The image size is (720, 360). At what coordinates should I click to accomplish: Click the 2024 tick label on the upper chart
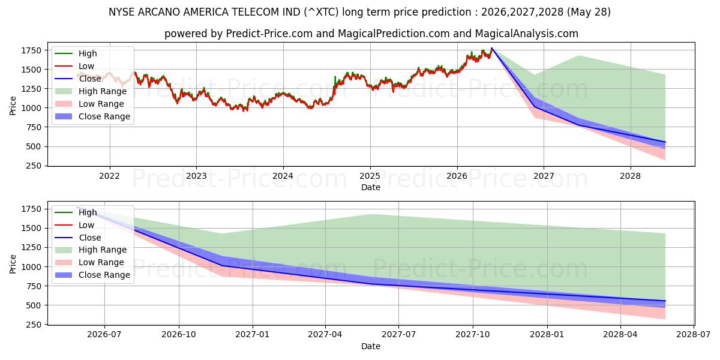click(283, 176)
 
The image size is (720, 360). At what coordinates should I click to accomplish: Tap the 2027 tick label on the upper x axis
click(544, 176)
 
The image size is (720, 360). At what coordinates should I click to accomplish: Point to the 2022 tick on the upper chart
click(110, 176)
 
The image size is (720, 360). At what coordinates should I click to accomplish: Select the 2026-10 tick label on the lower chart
click(179, 335)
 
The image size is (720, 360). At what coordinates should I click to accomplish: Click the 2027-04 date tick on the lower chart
click(325, 335)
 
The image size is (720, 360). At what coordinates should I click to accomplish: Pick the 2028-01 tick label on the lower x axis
click(547, 335)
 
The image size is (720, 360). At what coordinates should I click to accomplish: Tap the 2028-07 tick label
click(694, 335)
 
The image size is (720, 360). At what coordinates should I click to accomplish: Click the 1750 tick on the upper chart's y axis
click(31, 50)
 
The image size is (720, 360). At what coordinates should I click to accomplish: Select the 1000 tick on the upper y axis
click(31, 109)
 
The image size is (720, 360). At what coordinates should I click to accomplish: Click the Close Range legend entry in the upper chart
click(92, 116)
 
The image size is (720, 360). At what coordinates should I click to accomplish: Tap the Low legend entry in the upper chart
click(74, 66)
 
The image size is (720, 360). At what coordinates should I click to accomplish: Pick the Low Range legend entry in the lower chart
click(89, 262)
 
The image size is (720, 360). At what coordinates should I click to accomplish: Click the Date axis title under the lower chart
click(371, 346)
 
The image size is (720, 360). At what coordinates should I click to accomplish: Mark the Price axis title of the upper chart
click(13, 106)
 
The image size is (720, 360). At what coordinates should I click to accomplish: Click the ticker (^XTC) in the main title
click(321, 12)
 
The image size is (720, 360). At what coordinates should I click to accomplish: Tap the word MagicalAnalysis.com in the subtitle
click(527, 34)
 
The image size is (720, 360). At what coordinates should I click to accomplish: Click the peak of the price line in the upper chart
click(491, 48)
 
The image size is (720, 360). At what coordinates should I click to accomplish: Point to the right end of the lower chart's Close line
click(665, 301)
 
